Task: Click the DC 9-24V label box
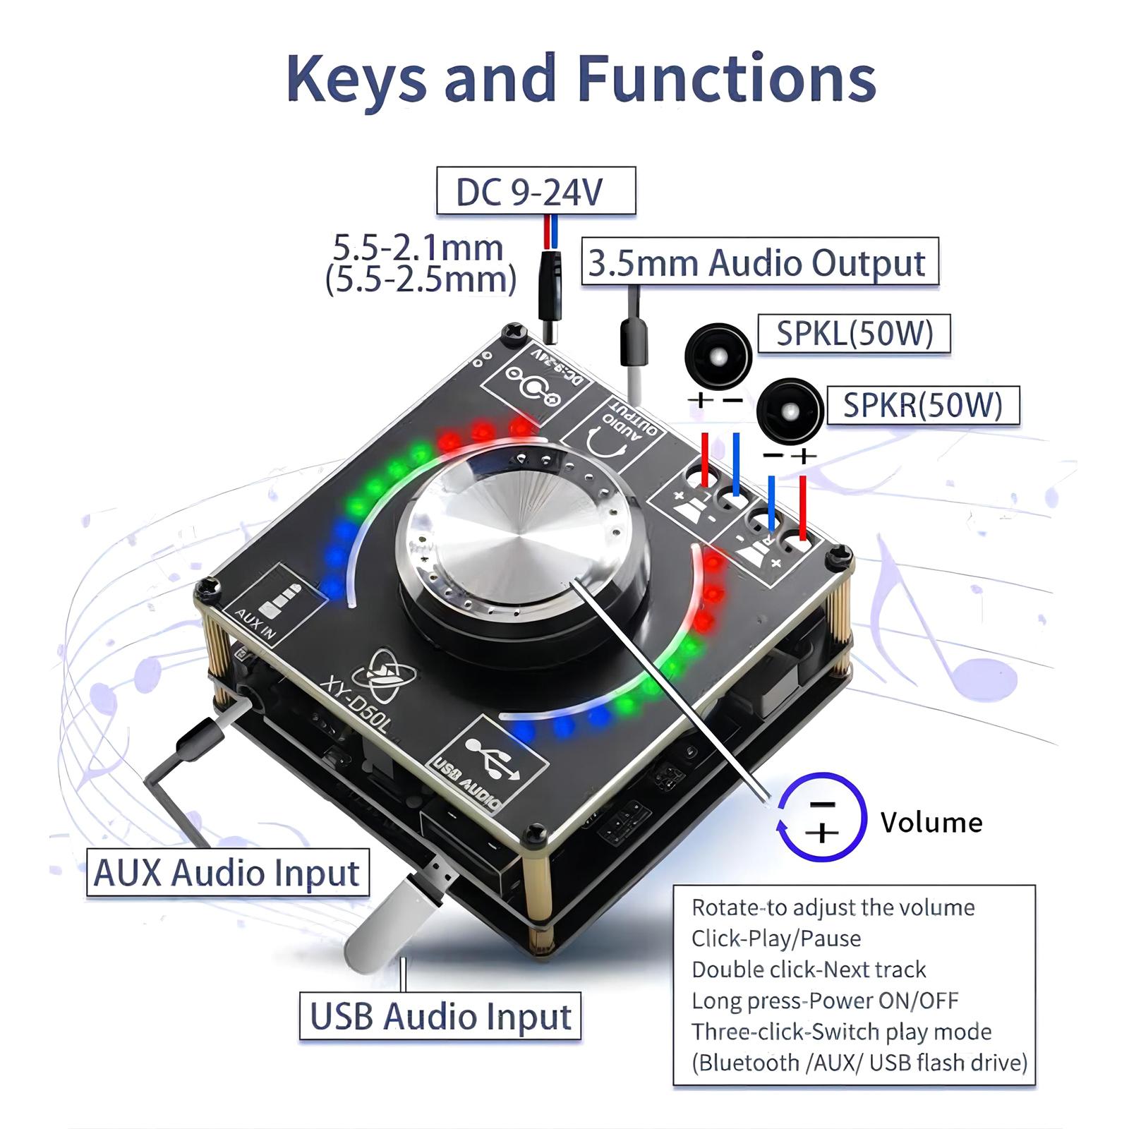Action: [536, 191]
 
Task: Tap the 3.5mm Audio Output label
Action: [759, 262]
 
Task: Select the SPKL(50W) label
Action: [854, 334]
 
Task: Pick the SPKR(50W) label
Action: [922, 405]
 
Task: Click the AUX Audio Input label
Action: [227, 872]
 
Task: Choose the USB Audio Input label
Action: [440, 1016]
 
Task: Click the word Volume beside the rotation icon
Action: [931, 822]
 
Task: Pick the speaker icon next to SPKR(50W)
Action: [790, 411]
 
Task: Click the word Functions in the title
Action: [727, 78]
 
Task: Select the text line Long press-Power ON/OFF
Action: [825, 1001]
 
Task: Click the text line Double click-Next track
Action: [809, 970]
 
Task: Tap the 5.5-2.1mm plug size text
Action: [418, 248]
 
